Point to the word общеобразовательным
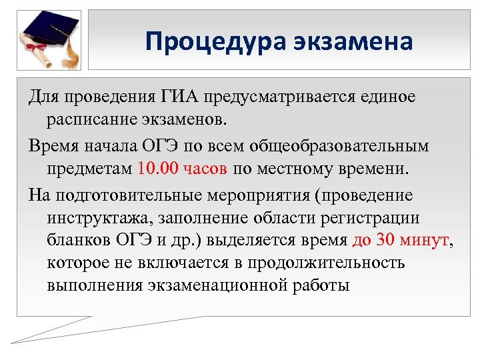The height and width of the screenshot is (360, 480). tap(345, 145)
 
